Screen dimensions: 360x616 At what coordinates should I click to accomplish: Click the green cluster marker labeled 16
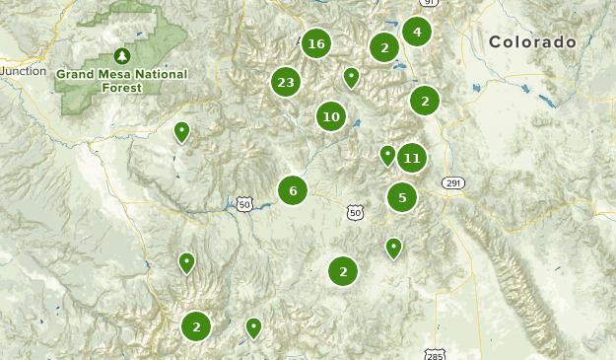point(315,43)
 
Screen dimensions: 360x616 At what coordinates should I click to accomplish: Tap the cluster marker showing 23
point(286,83)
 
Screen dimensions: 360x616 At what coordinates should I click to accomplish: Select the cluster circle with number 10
point(331,117)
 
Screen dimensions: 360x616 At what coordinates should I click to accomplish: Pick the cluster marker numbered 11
point(412,158)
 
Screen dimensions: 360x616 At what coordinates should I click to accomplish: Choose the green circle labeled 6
point(293,190)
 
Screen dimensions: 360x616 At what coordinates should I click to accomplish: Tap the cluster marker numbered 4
point(417,33)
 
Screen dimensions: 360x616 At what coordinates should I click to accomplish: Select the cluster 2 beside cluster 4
point(384,46)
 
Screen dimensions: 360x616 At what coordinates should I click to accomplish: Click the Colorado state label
point(532,42)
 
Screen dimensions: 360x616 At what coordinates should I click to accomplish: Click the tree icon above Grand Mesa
point(121,55)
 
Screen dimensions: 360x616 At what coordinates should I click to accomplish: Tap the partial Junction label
point(22,71)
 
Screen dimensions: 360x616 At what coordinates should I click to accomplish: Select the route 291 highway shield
point(452,183)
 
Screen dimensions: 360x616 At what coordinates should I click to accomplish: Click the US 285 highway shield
point(436,353)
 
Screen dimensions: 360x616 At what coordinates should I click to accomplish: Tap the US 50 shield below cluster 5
point(355,212)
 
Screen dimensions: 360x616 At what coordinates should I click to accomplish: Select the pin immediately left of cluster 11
point(387,155)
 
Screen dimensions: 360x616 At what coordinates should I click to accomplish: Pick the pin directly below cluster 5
point(394,247)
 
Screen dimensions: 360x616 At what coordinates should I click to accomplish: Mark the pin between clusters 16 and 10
point(351,77)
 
